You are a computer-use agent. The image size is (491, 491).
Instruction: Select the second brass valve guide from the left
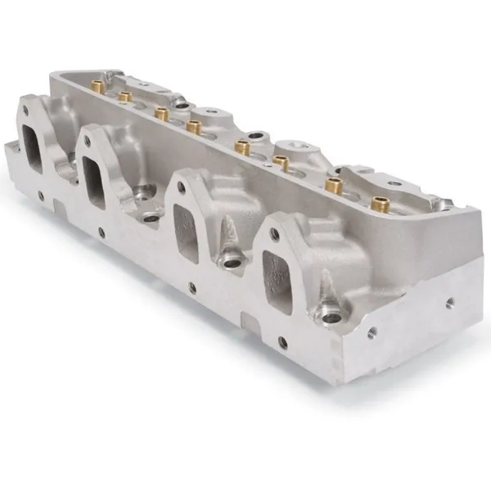[x=125, y=97]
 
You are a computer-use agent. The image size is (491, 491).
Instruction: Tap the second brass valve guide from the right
[x=333, y=186]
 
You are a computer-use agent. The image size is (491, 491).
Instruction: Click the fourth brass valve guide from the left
[x=194, y=126]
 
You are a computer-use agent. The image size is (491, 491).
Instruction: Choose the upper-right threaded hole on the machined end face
[x=448, y=300]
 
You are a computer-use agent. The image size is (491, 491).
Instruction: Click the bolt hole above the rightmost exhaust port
[x=274, y=233]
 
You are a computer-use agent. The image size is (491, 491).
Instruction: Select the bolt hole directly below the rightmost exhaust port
[x=282, y=342]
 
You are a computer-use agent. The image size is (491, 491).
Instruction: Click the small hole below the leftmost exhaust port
[x=40, y=196]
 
